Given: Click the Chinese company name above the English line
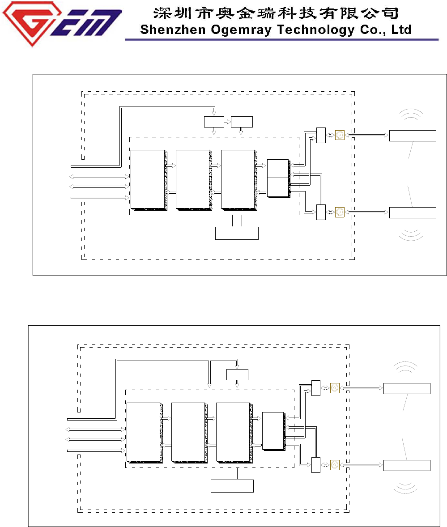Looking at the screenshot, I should pyautogui.click(x=275, y=13).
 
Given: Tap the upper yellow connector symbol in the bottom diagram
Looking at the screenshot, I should pyautogui.click(x=335, y=388).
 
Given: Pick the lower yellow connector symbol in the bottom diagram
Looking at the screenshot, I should pyautogui.click(x=335, y=465).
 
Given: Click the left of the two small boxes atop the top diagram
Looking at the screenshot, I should pyautogui.click(x=214, y=122).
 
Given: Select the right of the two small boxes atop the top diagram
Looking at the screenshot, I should pyautogui.click(x=242, y=122).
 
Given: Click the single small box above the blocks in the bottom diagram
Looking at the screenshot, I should pyautogui.click(x=237, y=374).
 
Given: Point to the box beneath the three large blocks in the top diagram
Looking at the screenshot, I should pyautogui.click(x=237, y=233).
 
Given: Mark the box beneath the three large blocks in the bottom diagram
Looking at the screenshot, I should pyautogui.click(x=232, y=486).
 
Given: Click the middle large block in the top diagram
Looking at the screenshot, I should pyautogui.click(x=193, y=179).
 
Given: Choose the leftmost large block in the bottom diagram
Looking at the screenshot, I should pyautogui.click(x=143, y=432).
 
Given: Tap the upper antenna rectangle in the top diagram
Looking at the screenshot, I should pyautogui.click(x=413, y=136).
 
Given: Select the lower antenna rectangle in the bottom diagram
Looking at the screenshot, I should pyautogui.click(x=407, y=465).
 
